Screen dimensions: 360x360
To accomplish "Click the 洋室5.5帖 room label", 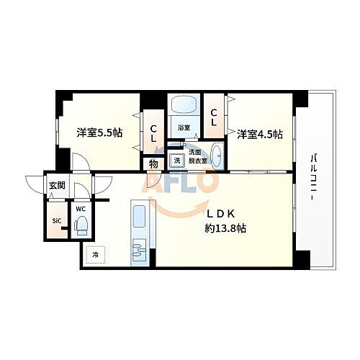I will point(100,132).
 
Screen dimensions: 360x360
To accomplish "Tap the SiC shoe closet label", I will point(56,222).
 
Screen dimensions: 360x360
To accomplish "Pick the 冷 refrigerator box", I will point(94,253).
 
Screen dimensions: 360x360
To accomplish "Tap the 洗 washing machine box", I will point(175,161).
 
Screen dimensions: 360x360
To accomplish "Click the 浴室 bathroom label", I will point(184,128).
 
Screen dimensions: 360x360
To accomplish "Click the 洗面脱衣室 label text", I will point(197,156).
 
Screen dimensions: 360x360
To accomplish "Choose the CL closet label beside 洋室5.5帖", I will point(153,134).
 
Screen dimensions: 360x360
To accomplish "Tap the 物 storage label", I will point(153,164).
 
